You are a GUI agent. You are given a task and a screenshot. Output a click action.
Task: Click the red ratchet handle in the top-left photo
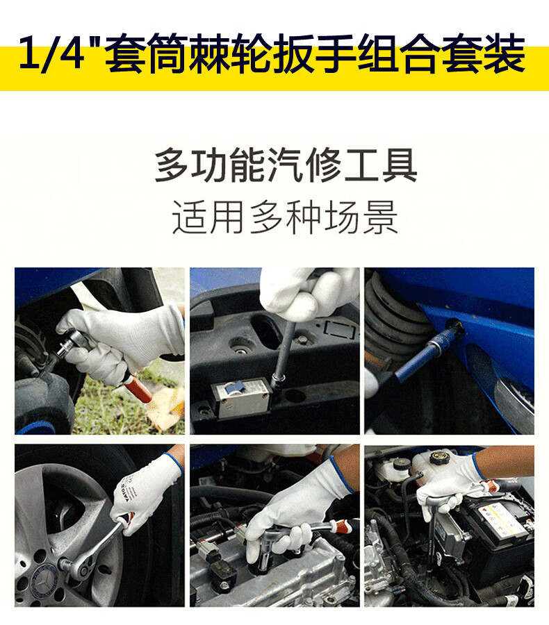tap(138, 387)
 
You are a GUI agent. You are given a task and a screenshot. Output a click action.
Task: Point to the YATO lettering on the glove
tap(129, 493)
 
